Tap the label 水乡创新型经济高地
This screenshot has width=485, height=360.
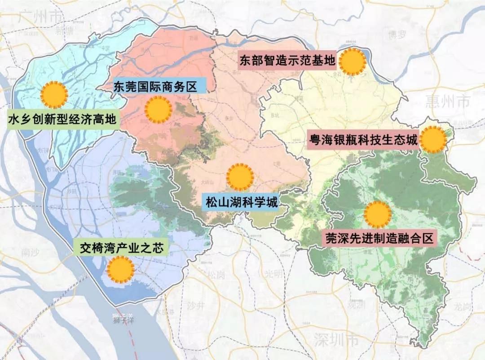(62, 119)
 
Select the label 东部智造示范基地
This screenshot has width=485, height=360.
(287, 61)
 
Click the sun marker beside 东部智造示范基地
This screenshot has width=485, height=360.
(352, 62)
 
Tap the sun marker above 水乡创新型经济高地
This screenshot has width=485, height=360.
(54, 95)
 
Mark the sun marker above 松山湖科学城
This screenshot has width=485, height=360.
(240, 177)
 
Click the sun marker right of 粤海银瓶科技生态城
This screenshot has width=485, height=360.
(433, 140)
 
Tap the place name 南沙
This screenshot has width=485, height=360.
(30, 253)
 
